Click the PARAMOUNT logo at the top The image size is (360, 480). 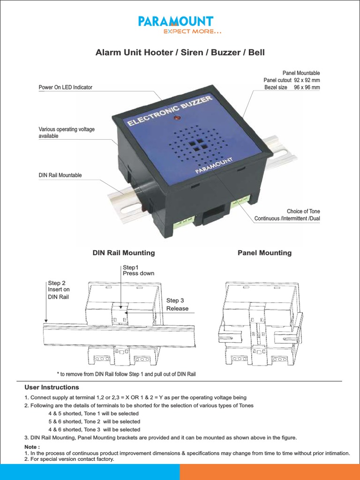(x=176, y=21)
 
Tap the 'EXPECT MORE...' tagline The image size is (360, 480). (x=192, y=32)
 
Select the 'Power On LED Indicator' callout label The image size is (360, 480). (x=65, y=87)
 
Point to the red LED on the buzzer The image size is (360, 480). (x=177, y=117)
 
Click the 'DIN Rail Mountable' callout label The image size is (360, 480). (x=60, y=175)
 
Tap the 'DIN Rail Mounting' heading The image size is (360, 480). (x=124, y=253)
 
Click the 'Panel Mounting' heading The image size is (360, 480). (x=264, y=253)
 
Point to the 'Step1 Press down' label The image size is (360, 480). (x=138, y=270)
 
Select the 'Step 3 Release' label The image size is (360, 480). (x=177, y=304)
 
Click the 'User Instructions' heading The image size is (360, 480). (x=52, y=387)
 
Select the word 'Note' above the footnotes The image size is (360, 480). (x=31, y=447)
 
